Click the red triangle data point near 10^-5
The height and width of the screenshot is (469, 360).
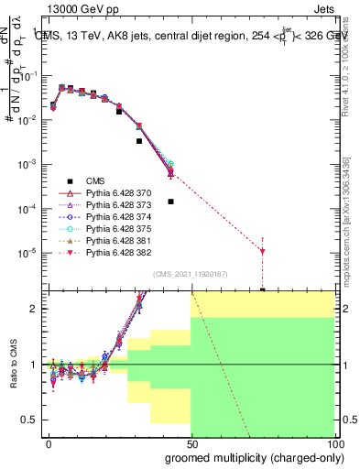pyautogui.click(x=263, y=251)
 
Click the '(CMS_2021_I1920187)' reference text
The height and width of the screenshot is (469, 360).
pyautogui.click(x=190, y=274)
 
